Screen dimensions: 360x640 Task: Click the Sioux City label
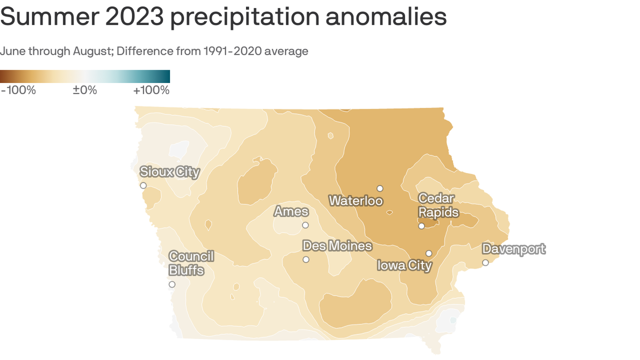[x=170, y=172]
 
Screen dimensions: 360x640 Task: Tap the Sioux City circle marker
[x=143, y=186]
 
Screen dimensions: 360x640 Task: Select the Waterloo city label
[x=356, y=201]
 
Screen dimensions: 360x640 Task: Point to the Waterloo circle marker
[x=380, y=188]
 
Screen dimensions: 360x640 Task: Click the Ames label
[x=291, y=212]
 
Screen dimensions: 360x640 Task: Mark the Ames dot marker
[x=305, y=225]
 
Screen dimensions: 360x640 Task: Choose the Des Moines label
[x=337, y=246]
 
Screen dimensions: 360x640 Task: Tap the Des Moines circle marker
[x=306, y=260]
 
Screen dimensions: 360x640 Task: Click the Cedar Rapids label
[x=438, y=205]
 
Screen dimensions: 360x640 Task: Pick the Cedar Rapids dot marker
[x=422, y=226]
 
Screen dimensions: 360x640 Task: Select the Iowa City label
[x=404, y=266]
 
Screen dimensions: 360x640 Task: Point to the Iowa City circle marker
[x=429, y=254]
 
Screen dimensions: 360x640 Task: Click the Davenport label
[x=513, y=249]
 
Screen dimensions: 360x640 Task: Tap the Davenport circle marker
[x=485, y=262]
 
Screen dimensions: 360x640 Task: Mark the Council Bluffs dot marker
[x=172, y=285]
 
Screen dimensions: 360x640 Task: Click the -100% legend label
[x=19, y=90]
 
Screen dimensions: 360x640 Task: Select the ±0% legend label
[x=85, y=90]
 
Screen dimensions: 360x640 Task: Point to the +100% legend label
[x=151, y=90]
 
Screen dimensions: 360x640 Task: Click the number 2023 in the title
[x=134, y=16]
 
